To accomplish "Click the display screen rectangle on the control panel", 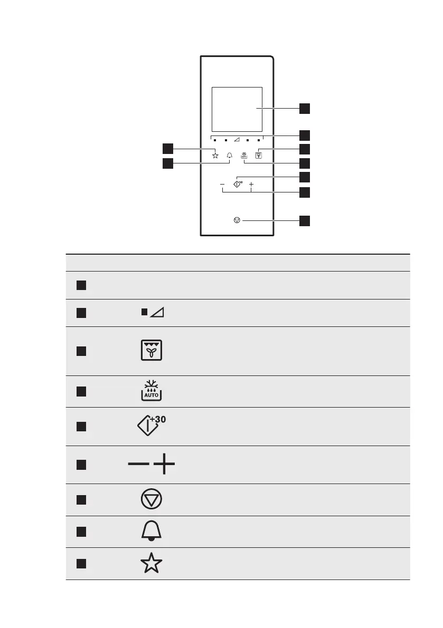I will pyautogui.click(x=237, y=109).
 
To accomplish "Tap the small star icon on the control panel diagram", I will pyautogui.click(x=215, y=155).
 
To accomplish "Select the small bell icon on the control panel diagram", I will pyautogui.click(x=230, y=156).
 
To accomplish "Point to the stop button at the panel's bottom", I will pyautogui.click(x=237, y=221).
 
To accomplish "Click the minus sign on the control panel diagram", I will pyautogui.click(x=222, y=185).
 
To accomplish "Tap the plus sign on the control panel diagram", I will pyautogui.click(x=251, y=185).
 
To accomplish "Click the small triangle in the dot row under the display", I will pyautogui.click(x=237, y=141).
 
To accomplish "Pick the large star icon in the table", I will pyautogui.click(x=152, y=564).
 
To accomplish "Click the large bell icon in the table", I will pyautogui.click(x=152, y=532).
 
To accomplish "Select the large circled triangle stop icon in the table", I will pyautogui.click(x=152, y=499).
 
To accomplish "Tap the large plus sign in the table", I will pyautogui.click(x=164, y=465).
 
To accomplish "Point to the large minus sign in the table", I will pyautogui.click(x=138, y=465).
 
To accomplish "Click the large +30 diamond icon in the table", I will pyautogui.click(x=151, y=426).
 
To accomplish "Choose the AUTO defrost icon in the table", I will pyautogui.click(x=152, y=391).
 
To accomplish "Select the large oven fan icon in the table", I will pyautogui.click(x=152, y=351).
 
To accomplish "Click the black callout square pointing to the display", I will pyautogui.click(x=305, y=109).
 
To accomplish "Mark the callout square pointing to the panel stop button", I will pyautogui.click(x=305, y=221).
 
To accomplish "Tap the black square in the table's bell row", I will pyautogui.click(x=80, y=532).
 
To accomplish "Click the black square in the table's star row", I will pyautogui.click(x=80, y=564).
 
